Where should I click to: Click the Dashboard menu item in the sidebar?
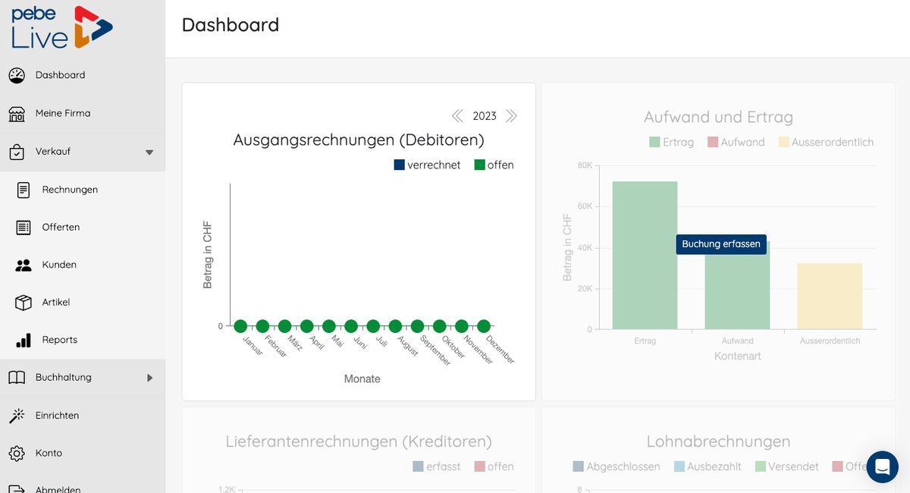pyautogui.click(x=60, y=75)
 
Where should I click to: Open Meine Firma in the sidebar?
pyautogui.click(x=62, y=113)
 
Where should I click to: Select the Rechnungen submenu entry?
pyautogui.click(x=70, y=190)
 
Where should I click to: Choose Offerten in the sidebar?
pyautogui.click(x=61, y=227)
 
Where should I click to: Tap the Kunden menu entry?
pyautogui.click(x=59, y=265)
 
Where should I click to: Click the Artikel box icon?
pyautogui.click(x=24, y=303)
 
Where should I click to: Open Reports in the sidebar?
pyautogui.click(x=59, y=340)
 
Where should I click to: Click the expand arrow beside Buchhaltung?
pyautogui.click(x=149, y=378)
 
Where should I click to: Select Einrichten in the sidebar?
pyautogui.click(x=57, y=416)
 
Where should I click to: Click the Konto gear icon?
pyautogui.click(x=17, y=454)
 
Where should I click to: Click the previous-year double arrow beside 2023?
pyautogui.click(x=457, y=116)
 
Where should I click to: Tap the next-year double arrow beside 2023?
pyautogui.click(x=511, y=116)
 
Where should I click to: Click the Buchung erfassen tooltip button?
pyautogui.click(x=721, y=244)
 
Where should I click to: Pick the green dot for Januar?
pyautogui.click(x=240, y=326)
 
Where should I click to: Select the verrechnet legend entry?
pyautogui.click(x=427, y=165)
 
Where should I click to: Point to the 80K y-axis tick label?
pyautogui.click(x=585, y=165)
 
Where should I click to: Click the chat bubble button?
pyautogui.click(x=882, y=467)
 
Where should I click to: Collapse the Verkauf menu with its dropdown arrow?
pyautogui.click(x=149, y=152)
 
